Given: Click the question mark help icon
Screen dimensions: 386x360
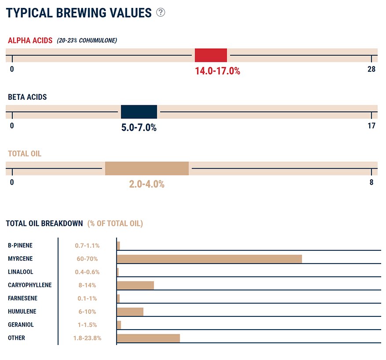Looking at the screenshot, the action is point(160,12).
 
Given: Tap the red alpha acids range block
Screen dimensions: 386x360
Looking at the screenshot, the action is point(211,55).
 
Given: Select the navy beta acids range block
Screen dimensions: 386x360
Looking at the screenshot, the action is point(139,112).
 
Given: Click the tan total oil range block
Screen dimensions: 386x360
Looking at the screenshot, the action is point(147,169).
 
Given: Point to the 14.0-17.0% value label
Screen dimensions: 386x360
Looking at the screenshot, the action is point(218,71).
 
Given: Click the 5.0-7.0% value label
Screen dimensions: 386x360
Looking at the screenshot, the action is point(139,128).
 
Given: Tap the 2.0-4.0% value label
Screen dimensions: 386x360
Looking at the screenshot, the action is point(147,184).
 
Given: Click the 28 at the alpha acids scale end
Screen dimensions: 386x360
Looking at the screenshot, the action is point(371,69).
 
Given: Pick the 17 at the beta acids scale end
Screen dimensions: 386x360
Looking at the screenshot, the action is point(371,126).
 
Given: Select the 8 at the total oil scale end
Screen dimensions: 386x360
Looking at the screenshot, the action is point(371,182).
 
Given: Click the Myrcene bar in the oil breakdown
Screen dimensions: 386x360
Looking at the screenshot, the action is point(210,259).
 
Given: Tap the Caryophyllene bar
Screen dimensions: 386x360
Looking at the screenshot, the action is point(135,285).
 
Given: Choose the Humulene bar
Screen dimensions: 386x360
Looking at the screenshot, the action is point(130,312).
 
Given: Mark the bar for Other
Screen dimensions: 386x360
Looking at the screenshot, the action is point(149,338).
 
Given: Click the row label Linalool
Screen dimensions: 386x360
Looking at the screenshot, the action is point(20,272).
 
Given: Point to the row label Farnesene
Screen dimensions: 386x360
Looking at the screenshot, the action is point(23,298).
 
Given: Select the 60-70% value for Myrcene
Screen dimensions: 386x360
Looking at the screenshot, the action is point(87,259).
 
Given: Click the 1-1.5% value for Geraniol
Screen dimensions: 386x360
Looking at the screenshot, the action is point(87,325).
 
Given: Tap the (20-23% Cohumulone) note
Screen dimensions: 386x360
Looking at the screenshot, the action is point(87,40).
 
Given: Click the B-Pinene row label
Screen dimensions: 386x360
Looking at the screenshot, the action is point(20,246).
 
